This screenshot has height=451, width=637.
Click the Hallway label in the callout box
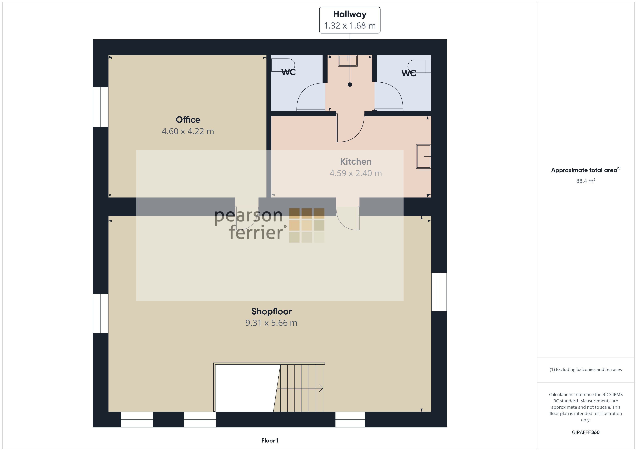(x=350, y=14)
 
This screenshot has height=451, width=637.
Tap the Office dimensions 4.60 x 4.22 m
(x=188, y=131)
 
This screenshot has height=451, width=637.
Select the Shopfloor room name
(x=271, y=311)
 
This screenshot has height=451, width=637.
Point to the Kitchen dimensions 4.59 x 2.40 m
(x=356, y=173)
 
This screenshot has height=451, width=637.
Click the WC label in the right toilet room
(x=409, y=73)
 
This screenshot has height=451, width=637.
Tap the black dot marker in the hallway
(x=350, y=85)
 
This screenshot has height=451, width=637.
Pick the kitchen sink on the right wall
(x=424, y=156)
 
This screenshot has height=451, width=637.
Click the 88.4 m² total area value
(x=586, y=181)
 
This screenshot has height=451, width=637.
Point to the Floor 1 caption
(x=270, y=441)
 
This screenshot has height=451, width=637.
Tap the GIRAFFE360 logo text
(x=586, y=432)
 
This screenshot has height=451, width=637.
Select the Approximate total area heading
(x=586, y=170)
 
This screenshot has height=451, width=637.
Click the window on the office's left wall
(x=100, y=107)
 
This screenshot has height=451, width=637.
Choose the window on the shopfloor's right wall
(x=439, y=292)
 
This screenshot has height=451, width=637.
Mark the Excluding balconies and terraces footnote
(x=586, y=369)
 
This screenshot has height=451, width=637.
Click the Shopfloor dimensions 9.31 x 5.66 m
(x=271, y=323)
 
